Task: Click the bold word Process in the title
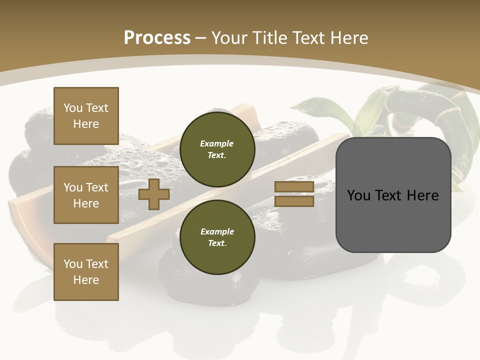[157, 38]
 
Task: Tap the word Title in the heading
[269, 38]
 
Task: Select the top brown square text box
[86, 116]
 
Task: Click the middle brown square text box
[86, 195]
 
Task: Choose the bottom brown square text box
[86, 272]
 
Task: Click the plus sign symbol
[154, 194]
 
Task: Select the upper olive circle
[217, 149]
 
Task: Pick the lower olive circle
[217, 237]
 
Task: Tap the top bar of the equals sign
[294, 187]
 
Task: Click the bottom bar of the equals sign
[294, 201]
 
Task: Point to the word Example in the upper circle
[217, 143]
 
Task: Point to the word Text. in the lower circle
[217, 243]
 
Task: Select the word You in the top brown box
[73, 108]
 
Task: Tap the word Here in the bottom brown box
[86, 280]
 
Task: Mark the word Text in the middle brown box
[97, 187]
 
